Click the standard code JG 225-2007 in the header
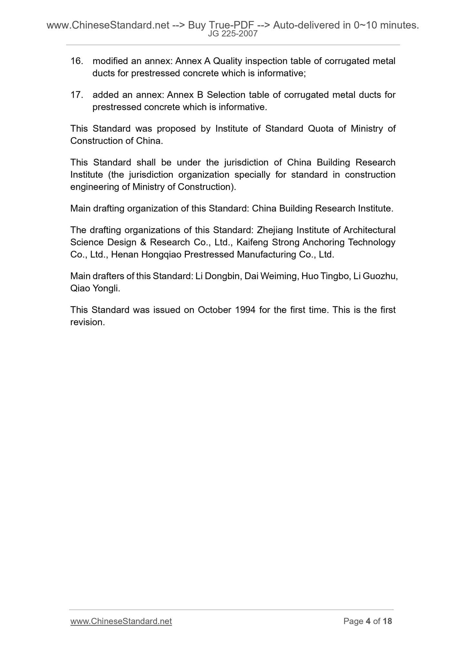(233, 34)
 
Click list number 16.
(77, 61)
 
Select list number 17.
(77, 95)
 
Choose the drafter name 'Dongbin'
(223, 276)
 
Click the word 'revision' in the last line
(87, 322)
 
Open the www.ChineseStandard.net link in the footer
(121, 621)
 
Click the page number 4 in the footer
(368, 621)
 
